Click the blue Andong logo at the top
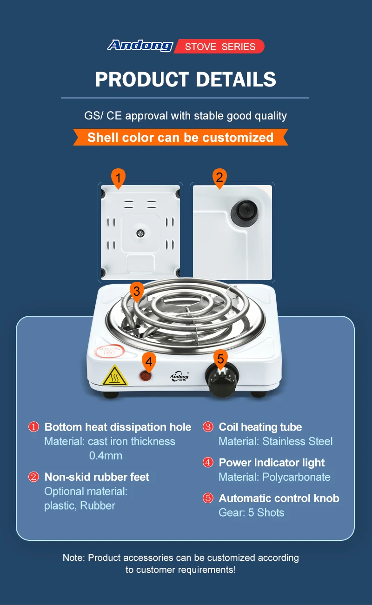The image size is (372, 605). point(140,46)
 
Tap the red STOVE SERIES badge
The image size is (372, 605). point(219,47)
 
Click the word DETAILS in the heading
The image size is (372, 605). point(236,80)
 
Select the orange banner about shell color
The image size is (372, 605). point(180,137)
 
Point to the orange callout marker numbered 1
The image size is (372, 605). point(118,178)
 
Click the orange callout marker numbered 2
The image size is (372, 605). point(219,178)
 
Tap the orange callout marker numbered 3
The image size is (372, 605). point(137,292)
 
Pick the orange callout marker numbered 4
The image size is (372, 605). point(149,362)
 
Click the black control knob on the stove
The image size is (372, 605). point(222,379)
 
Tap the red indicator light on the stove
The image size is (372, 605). point(146,376)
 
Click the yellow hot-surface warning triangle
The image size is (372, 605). point(114,376)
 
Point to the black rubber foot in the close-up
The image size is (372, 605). point(245,213)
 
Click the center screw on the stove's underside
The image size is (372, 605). point(140,233)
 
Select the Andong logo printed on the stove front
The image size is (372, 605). point(179,377)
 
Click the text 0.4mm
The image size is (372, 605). point(106,456)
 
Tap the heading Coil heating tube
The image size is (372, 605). point(260,427)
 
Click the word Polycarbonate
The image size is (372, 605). point(296,477)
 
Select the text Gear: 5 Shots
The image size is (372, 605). point(251,512)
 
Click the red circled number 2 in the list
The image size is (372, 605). point(33,477)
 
